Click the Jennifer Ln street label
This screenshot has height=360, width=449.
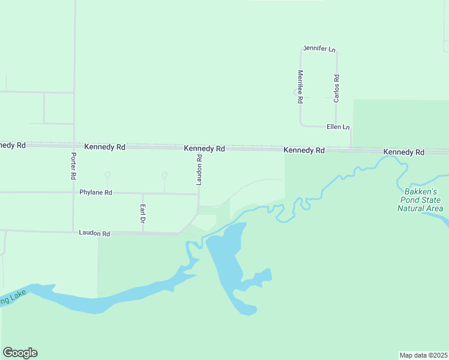click(x=319, y=48)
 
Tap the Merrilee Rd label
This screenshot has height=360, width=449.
click(x=300, y=87)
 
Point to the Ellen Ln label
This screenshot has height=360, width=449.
click(x=338, y=127)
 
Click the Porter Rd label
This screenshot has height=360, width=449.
click(x=73, y=166)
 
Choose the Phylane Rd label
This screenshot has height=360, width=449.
click(x=96, y=193)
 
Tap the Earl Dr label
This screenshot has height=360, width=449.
click(x=143, y=214)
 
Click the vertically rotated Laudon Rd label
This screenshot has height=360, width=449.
click(x=199, y=169)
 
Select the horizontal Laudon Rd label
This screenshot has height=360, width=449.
click(x=95, y=233)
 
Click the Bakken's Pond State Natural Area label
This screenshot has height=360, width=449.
click(x=420, y=200)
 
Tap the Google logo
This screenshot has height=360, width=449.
click(x=20, y=353)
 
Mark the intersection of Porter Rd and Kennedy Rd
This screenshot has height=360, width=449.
click(x=74, y=145)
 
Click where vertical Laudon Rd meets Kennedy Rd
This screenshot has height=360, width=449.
click(x=199, y=146)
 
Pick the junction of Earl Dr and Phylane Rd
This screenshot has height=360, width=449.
click(x=143, y=193)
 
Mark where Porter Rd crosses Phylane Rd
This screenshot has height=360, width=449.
click(x=73, y=193)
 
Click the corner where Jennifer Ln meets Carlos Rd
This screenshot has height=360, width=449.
click(x=337, y=51)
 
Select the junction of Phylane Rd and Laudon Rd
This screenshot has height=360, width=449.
click(x=199, y=194)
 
